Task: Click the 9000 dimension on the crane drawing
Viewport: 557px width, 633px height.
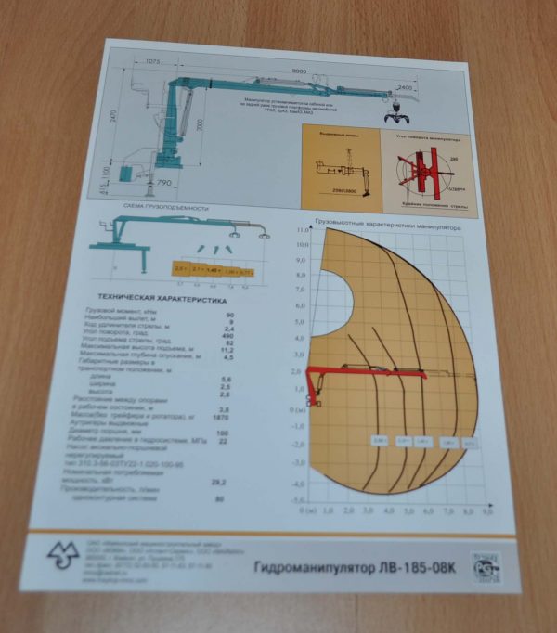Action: (298, 71)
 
